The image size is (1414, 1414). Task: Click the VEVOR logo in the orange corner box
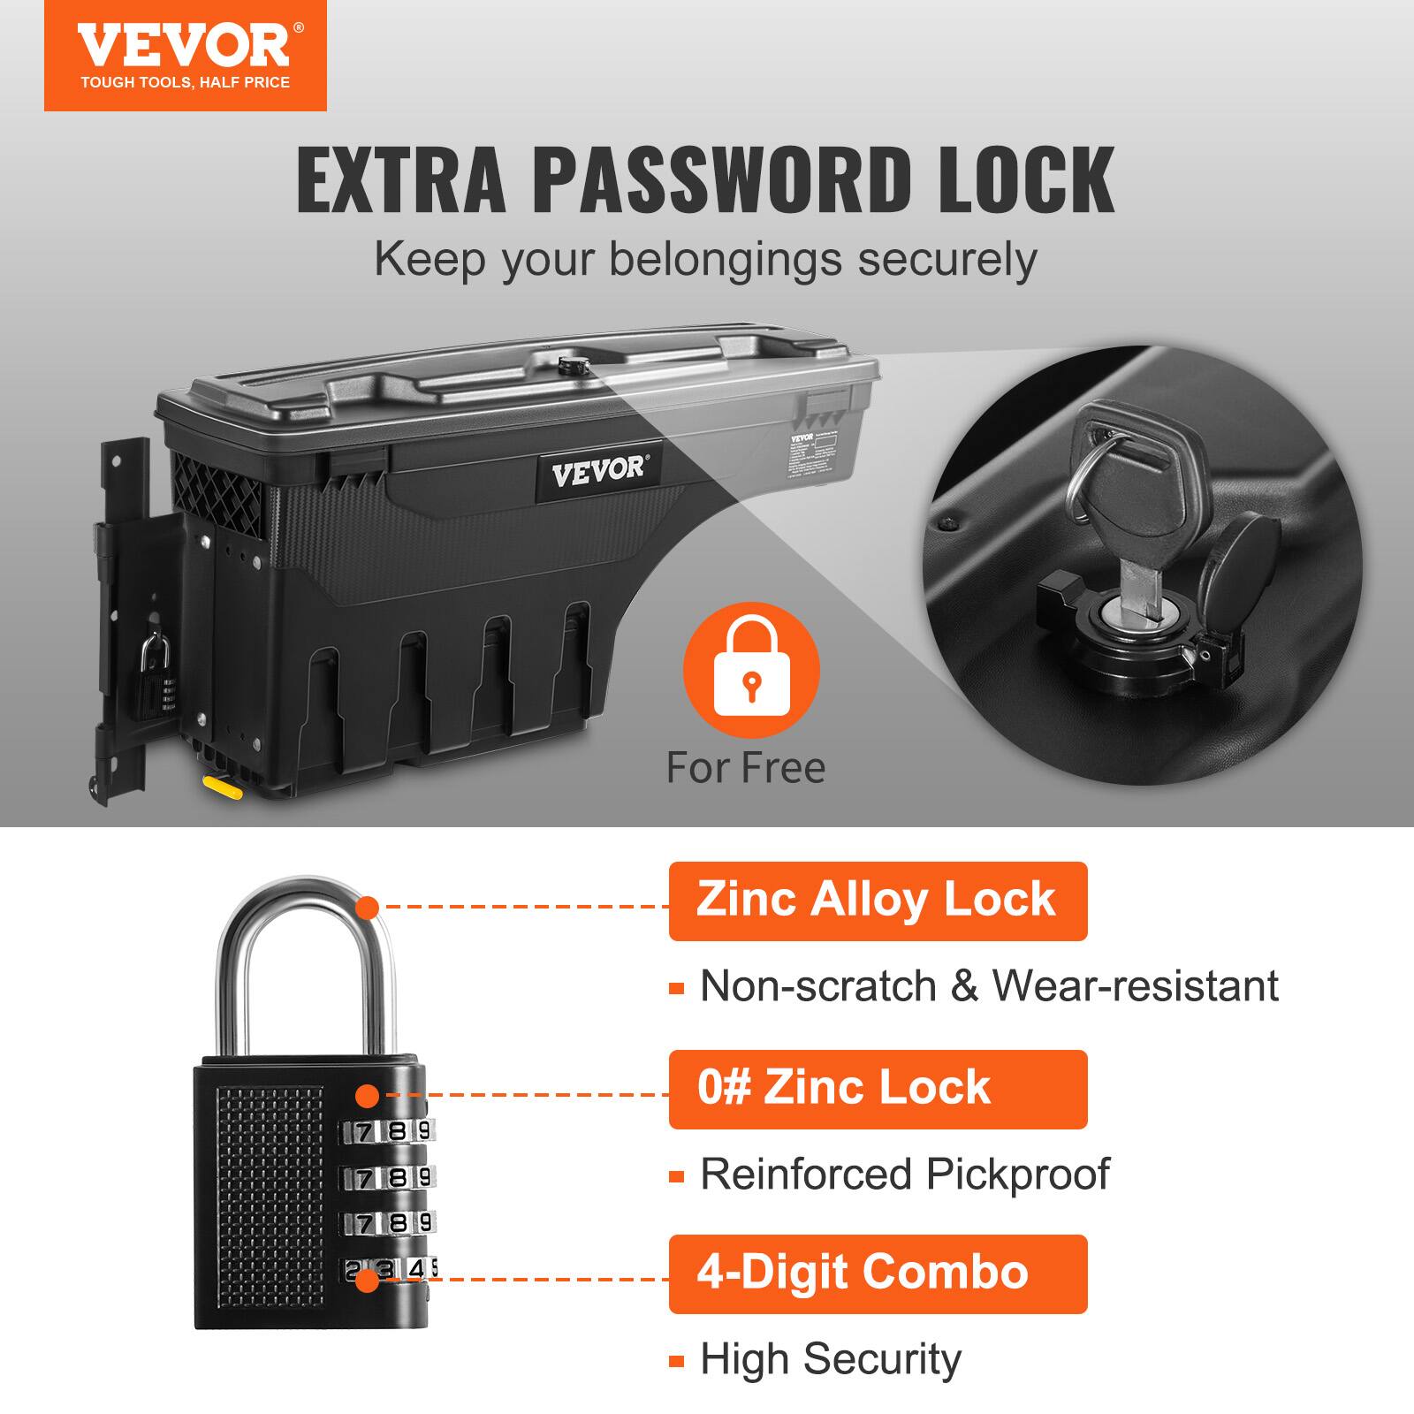point(184,46)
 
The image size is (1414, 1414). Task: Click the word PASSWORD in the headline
point(722,180)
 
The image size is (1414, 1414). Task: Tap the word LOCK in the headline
point(1025,180)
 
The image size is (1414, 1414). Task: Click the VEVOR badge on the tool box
point(598,470)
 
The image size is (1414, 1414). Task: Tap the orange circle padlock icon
point(751,672)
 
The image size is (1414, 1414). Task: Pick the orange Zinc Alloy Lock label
point(877,901)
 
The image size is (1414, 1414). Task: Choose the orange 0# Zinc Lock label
point(877,1089)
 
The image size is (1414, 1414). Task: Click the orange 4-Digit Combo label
point(877,1273)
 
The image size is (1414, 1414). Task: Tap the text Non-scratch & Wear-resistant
point(989,986)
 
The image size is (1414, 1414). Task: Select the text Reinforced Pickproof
point(905,1175)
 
